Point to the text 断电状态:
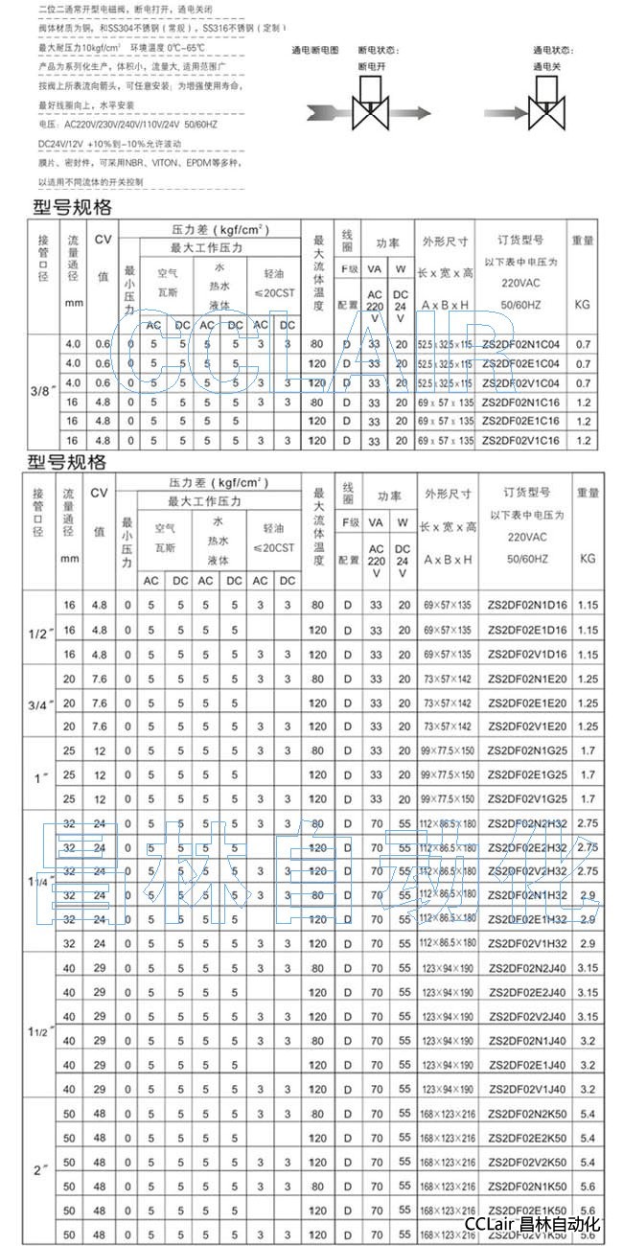coord(375,50)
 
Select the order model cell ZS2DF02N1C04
coord(520,343)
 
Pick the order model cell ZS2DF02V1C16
coord(520,441)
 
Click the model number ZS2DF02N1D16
coord(526,605)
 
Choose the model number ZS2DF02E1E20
coord(526,703)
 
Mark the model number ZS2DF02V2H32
coord(526,871)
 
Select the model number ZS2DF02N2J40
coord(526,968)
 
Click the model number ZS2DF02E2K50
coord(526,1137)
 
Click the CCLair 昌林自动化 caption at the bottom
coord(533,1225)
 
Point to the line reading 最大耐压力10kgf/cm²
coord(91,47)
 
